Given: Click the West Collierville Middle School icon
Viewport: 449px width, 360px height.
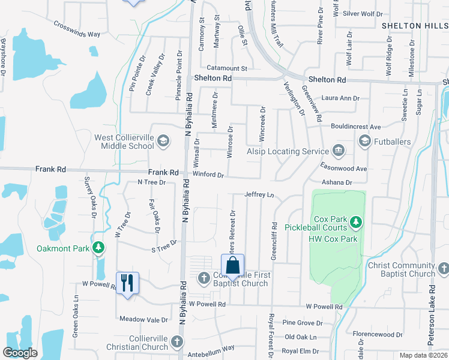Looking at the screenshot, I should point(163,142).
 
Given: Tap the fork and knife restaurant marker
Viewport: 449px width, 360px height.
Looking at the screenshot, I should point(127,283).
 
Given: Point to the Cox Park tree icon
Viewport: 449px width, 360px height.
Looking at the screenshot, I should point(357,222).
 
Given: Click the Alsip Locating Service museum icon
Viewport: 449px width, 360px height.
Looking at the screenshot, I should point(338,149).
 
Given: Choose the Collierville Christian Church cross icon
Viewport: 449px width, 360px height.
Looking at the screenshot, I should point(177,342).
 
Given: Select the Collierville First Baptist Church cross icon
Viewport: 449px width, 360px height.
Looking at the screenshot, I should point(203,277).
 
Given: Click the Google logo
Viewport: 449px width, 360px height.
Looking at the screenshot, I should point(20,353).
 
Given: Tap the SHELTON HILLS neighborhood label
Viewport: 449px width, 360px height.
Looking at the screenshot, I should point(415,25).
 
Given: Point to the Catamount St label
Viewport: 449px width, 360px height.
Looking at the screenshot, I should point(227,69).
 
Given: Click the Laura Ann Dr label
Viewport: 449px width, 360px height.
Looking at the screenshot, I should point(340,98).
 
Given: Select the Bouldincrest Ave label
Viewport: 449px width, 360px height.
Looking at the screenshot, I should point(357,127).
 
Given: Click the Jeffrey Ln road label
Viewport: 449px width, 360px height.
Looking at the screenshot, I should point(259,194).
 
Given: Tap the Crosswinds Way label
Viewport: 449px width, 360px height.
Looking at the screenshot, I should point(76,29).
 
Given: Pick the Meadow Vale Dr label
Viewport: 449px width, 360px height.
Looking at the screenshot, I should point(144,320).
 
